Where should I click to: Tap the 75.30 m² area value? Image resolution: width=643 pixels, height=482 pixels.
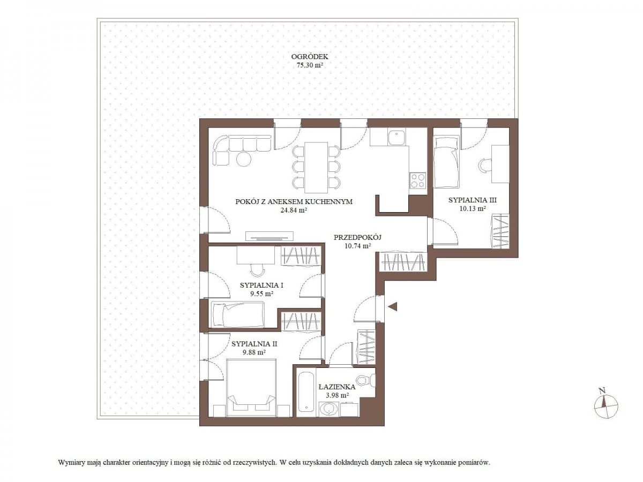click(x=310, y=65)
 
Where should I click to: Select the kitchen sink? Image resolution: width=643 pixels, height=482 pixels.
click(x=397, y=138)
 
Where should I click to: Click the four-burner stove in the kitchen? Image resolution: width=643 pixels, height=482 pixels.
click(x=417, y=180)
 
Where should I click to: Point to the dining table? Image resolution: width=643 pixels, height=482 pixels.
click(x=316, y=168)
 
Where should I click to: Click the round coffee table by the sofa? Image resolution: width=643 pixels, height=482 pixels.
click(x=244, y=159)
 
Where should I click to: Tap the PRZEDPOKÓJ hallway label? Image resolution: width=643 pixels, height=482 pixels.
click(x=357, y=237)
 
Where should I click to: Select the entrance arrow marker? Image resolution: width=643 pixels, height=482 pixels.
click(x=393, y=307)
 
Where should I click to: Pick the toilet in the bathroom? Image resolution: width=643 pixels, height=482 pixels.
click(x=367, y=380)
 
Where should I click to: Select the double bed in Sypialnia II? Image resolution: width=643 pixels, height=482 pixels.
click(x=252, y=388)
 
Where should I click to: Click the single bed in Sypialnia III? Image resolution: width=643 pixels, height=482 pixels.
click(x=446, y=162)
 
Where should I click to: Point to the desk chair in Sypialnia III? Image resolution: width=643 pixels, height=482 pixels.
click(x=484, y=166)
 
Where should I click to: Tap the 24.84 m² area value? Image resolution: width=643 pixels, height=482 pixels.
click(x=294, y=210)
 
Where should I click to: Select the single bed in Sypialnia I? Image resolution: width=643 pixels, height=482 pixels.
click(x=237, y=314)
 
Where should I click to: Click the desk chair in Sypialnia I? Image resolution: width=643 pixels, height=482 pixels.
click(x=258, y=270)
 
